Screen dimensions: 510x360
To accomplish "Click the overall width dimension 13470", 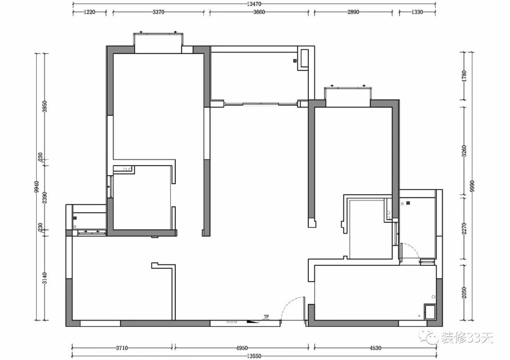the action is (254, 4).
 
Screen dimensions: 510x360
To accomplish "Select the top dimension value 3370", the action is (158, 12).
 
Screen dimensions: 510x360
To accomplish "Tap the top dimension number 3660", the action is (259, 12).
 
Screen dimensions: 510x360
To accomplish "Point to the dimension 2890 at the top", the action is (353, 12).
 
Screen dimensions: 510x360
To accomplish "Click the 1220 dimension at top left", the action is (89, 12).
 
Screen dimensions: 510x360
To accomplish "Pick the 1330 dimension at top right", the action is (417, 12).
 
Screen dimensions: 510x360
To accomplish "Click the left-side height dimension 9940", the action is (37, 187).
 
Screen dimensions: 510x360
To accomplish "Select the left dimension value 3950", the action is (45, 106).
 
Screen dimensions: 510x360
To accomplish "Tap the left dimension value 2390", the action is (45, 198).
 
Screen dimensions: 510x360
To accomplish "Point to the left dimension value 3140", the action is (45, 278).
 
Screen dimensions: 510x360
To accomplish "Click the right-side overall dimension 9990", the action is (472, 186).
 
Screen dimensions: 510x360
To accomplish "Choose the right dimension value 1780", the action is (464, 75).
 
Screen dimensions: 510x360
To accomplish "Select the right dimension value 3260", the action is (464, 151).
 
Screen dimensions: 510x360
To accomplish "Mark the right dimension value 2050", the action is (464, 293).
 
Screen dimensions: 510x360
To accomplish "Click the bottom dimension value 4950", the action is (242, 348).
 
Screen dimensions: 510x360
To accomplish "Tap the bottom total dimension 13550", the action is (254, 356).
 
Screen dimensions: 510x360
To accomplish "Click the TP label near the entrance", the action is (266, 317).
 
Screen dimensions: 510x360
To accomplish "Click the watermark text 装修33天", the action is (467, 337).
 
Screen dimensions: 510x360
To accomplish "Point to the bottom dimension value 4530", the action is (375, 348).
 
